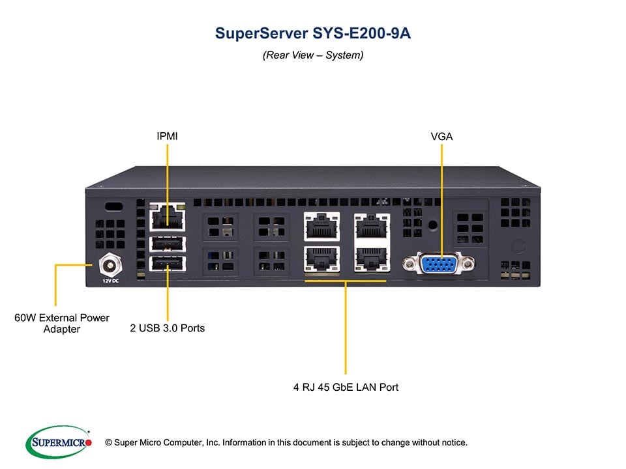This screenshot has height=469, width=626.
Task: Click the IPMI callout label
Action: tap(167, 136)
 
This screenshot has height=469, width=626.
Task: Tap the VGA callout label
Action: tap(441, 136)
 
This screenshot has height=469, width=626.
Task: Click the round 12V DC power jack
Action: tap(109, 265)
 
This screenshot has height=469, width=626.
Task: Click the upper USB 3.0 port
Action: tap(167, 244)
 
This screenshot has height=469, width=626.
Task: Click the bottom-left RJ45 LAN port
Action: tap(321, 259)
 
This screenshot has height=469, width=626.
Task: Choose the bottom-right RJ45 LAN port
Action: tap(372, 259)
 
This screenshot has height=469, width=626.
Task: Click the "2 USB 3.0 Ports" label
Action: tap(167, 328)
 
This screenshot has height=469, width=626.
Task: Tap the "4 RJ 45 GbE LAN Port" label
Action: tap(346, 387)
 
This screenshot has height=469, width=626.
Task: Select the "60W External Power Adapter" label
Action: tap(62, 324)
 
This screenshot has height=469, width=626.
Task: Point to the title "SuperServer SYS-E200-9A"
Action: tap(313, 34)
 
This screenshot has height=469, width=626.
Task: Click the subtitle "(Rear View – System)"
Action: tap(313, 55)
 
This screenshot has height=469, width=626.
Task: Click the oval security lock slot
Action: tap(114, 206)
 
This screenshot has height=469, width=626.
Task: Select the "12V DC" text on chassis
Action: tap(110, 281)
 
